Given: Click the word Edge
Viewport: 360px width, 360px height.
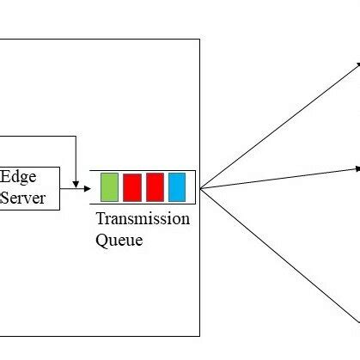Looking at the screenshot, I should pos(17,177).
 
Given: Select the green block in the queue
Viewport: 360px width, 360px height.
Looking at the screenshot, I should pos(109,186).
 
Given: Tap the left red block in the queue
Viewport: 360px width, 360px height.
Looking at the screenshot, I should pos(131,186).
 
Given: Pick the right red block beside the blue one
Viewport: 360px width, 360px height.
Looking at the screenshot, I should pos(155,186).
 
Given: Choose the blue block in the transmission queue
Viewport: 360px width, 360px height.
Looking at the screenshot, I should pos(177,186).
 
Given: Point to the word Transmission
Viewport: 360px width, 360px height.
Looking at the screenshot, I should pos(143,219).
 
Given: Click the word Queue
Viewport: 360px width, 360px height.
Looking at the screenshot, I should pos(119,241).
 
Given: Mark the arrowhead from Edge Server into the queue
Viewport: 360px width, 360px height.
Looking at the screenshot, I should pos(86,187).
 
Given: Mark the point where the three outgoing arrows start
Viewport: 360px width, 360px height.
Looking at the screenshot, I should pos(199,188).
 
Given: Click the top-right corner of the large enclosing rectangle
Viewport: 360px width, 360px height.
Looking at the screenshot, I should pos(199,39).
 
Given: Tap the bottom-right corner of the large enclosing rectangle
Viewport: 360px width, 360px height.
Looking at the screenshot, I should pos(199,335).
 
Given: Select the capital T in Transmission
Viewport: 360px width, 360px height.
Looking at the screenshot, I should pos(101,218).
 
